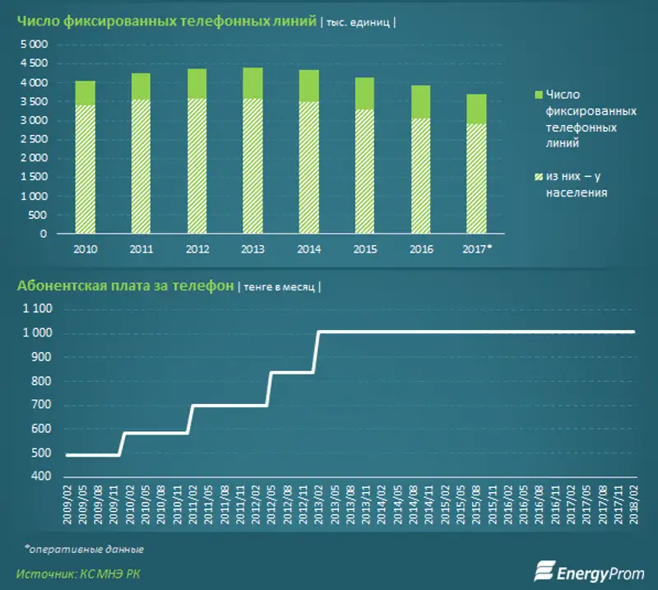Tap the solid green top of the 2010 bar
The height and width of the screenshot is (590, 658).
tap(85, 93)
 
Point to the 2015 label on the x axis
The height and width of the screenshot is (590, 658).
tap(364, 249)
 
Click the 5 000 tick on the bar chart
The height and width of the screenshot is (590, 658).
tap(34, 44)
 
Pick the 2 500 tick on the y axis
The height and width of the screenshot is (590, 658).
tap(34, 139)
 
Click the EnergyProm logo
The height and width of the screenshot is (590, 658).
tap(589, 569)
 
